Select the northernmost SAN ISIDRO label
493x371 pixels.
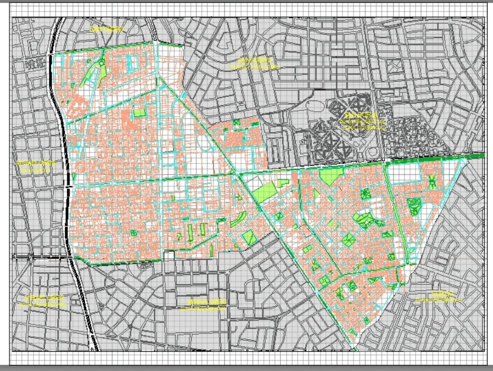[x=107, y=29]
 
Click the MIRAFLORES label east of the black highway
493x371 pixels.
[x=207, y=301]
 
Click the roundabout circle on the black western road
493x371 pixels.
[x=30, y=257]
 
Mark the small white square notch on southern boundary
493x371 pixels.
[x=169, y=255]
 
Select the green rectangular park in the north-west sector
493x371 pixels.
[x=140, y=113]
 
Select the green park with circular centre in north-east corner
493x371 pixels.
[x=432, y=182]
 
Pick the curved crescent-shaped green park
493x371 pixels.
[x=239, y=219]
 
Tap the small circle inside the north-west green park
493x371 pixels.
[x=101, y=63]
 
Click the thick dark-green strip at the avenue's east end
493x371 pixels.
[x=474, y=156]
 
